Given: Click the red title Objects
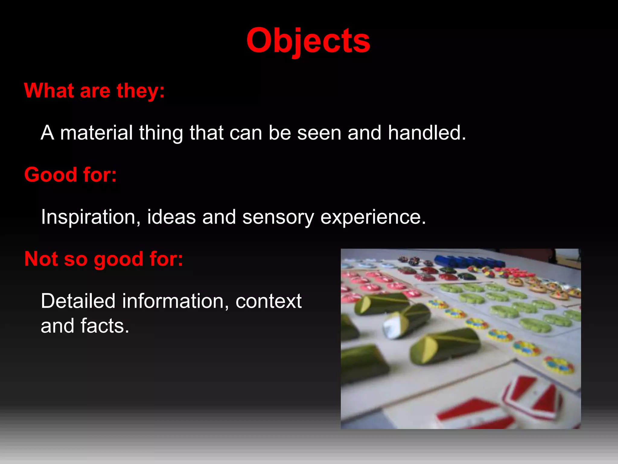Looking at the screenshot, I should tap(308, 41).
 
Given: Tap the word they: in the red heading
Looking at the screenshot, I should tap(141, 91).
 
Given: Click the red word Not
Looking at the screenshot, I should tap(41, 259).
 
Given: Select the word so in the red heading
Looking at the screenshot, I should tap(76, 259).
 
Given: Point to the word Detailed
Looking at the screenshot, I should tap(78, 301).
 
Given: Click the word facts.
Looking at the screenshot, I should tap(105, 326).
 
